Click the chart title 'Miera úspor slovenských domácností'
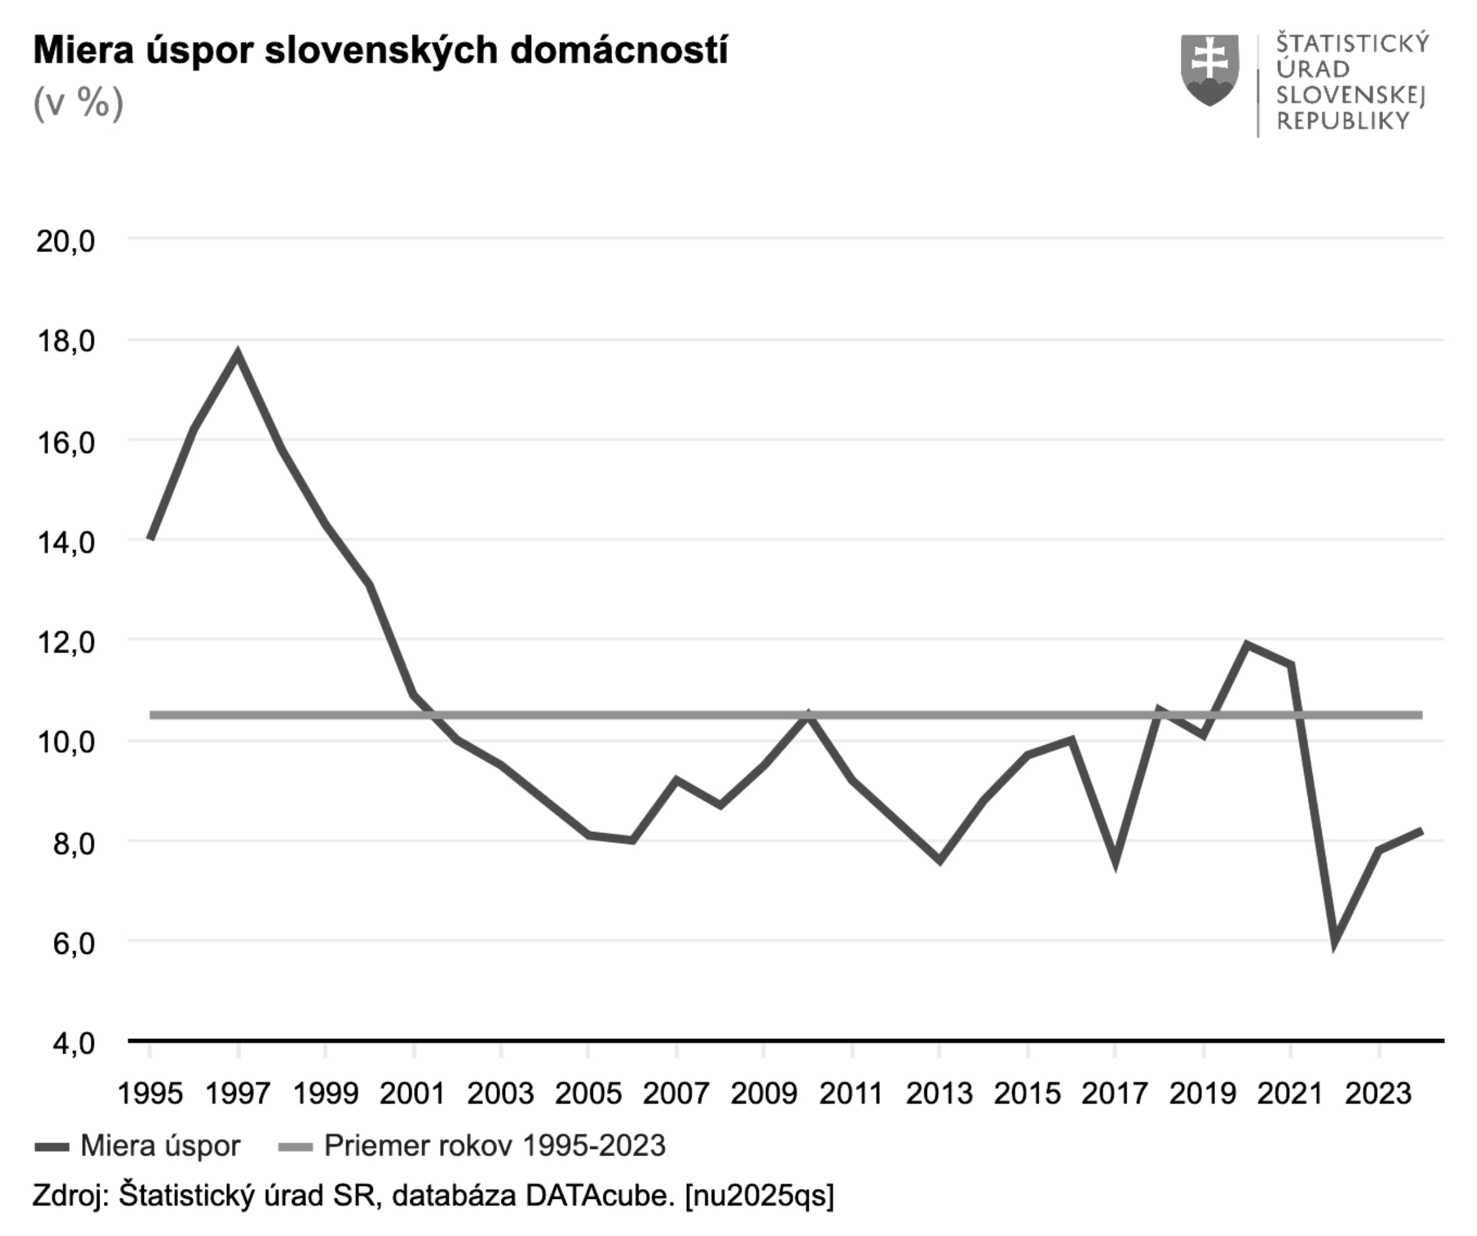coord(380,51)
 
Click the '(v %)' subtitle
coord(78,104)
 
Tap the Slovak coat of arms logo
coord(1209,70)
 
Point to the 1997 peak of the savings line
coord(238,353)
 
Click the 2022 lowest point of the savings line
coord(1334,942)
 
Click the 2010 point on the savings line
coord(809,716)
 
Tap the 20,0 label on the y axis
coord(66,241)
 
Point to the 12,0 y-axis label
coord(66,643)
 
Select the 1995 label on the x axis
coord(150,1094)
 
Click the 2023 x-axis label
coord(1378,1094)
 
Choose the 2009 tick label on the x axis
coord(764,1094)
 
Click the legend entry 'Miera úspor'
coord(160,1146)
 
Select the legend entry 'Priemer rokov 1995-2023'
coord(495,1146)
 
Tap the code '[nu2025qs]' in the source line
coord(760,1195)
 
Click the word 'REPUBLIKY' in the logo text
coord(1343,122)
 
